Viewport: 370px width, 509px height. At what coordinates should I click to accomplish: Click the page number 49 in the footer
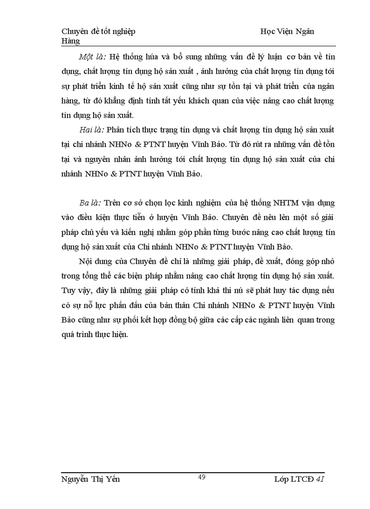[x=202, y=477]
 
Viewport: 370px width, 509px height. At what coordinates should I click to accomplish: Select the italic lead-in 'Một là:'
[x=92, y=57]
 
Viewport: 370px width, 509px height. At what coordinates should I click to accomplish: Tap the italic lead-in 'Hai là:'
[x=92, y=130]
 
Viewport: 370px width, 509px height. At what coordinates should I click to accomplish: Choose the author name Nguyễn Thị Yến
[x=90, y=480]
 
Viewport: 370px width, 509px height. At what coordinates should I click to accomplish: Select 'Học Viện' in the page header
[x=275, y=31]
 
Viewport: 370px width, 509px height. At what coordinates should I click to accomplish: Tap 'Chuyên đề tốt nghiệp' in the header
[x=98, y=31]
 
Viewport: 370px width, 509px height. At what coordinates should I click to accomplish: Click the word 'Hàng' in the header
[x=70, y=41]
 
